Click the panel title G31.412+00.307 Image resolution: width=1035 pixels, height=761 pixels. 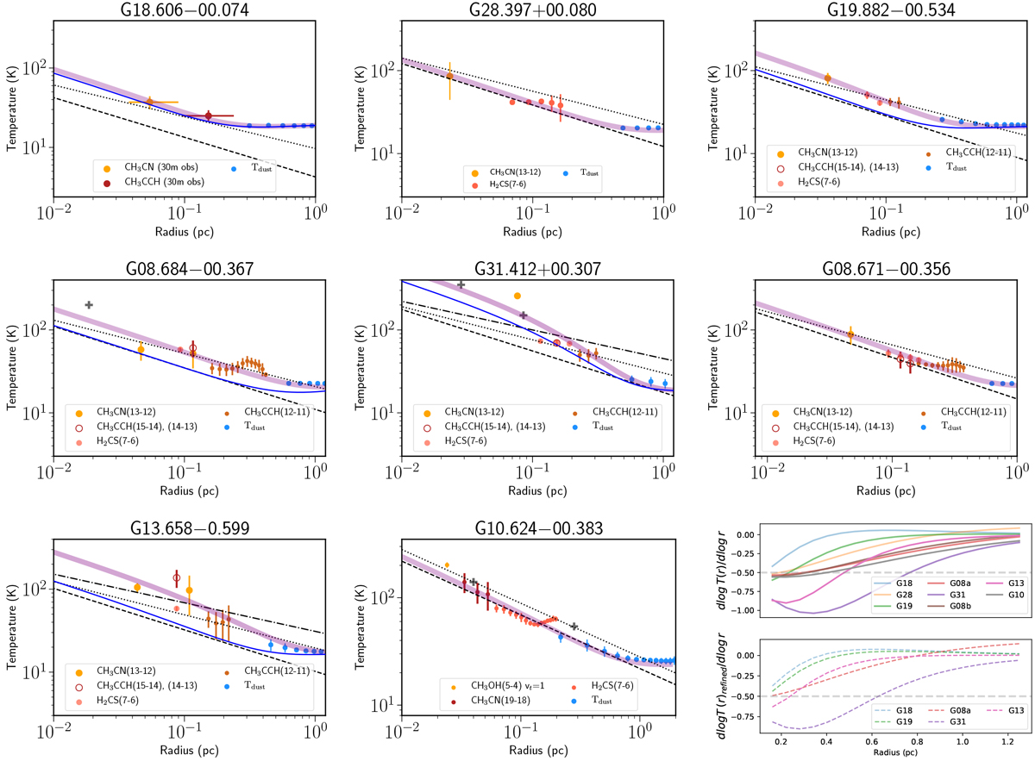pos(532,269)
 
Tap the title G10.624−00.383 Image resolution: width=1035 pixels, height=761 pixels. pos(532,526)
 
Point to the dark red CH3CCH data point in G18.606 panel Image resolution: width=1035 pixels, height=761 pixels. pos(208,115)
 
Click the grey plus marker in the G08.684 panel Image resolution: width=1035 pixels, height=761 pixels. pos(89,305)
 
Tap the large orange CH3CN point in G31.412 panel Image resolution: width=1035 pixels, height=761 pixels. pos(517,296)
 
